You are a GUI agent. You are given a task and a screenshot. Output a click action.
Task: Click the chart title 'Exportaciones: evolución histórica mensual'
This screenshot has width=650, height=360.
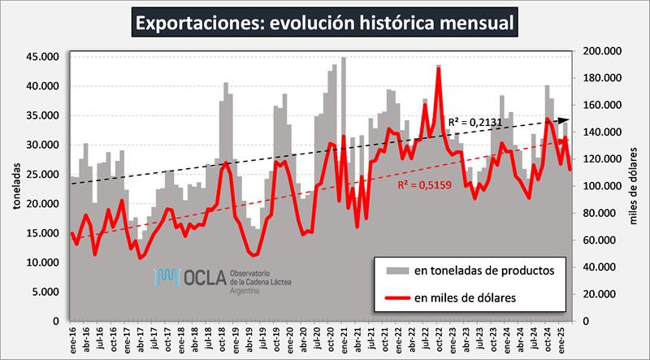[x=325, y=22]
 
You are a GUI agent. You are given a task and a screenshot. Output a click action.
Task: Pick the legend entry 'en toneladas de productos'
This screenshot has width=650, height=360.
[x=485, y=268]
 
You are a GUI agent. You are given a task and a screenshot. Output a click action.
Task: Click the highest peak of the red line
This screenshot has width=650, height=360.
[x=439, y=68]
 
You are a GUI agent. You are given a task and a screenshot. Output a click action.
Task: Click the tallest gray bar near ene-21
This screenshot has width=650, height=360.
[x=344, y=59]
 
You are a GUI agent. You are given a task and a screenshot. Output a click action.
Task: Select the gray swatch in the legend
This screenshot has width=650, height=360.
[x=397, y=268]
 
